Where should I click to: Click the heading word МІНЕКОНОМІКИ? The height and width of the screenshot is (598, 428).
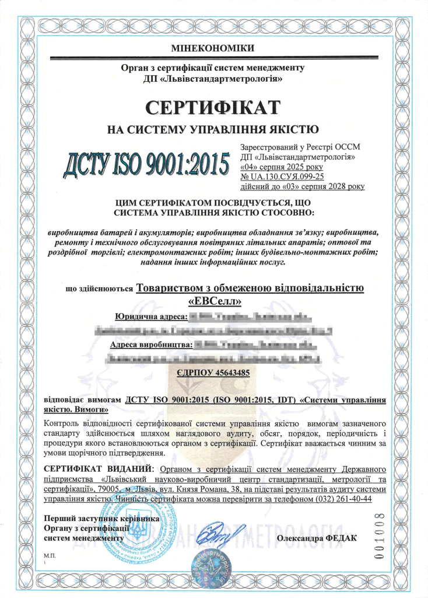click(x=213, y=47)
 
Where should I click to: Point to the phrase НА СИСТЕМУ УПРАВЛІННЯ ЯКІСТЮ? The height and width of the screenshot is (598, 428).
click(x=213, y=128)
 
